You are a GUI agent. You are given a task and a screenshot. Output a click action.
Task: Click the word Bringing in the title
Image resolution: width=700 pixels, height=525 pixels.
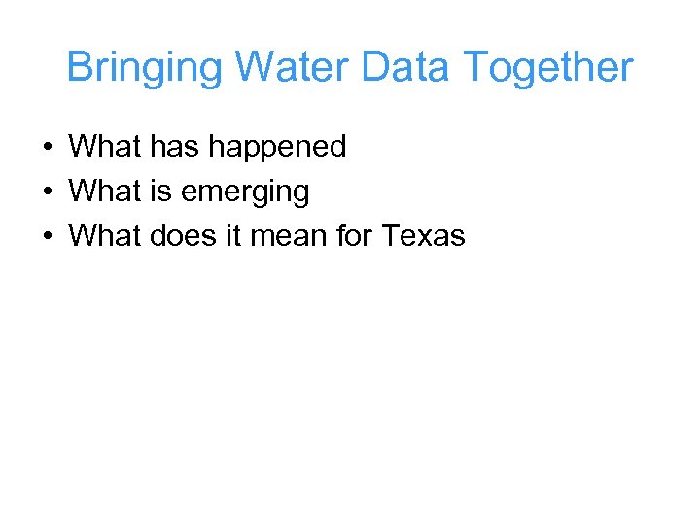point(146,69)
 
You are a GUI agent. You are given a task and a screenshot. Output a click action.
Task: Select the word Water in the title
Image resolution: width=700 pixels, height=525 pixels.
point(293,68)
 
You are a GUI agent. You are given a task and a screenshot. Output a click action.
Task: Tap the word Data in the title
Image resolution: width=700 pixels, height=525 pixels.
point(408,68)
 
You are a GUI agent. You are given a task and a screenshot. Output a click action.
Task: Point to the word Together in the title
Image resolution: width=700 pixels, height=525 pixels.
point(548,68)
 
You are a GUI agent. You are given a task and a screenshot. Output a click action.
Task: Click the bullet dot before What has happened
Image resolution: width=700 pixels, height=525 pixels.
point(47,148)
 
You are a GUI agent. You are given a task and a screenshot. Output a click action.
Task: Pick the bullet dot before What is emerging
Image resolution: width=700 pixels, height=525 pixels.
point(47,192)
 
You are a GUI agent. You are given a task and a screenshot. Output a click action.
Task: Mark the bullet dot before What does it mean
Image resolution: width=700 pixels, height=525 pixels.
point(47,236)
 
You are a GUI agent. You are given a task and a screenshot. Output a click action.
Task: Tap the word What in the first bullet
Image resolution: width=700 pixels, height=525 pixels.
point(106,147)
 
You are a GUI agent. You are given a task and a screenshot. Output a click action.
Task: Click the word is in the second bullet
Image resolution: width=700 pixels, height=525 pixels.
point(159,192)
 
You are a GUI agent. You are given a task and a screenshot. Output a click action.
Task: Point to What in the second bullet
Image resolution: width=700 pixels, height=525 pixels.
point(106,192)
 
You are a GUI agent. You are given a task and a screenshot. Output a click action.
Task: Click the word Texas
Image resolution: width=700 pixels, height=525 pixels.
point(424,235)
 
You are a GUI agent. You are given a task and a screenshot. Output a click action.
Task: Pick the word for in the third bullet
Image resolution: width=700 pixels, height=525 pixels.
point(356,235)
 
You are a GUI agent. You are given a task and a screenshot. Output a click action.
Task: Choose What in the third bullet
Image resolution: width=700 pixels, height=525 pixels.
point(106,235)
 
